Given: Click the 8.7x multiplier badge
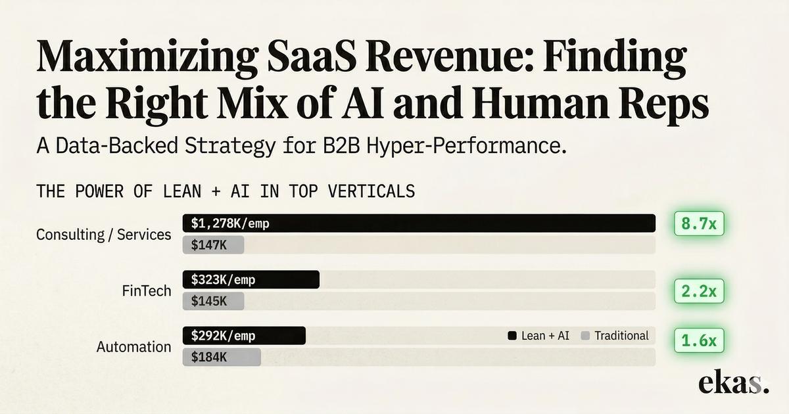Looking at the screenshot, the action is [x=699, y=223].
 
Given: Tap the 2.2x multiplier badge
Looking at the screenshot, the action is [x=699, y=291].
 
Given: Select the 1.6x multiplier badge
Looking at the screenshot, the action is [x=699, y=340].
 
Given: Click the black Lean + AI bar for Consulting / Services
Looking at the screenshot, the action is [x=419, y=223].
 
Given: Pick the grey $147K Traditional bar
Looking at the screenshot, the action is [x=213, y=244].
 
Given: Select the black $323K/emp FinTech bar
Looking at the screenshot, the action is [x=251, y=279].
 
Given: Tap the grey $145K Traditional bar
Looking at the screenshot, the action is [x=213, y=301].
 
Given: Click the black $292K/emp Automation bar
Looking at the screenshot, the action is [x=244, y=336].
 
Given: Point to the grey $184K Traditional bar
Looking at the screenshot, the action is [x=222, y=357].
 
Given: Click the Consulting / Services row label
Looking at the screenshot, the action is [x=104, y=235].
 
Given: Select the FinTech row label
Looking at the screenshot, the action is [x=147, y=290].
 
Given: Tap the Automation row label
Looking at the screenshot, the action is [x=134, y=347].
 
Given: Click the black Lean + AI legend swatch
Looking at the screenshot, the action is [x=512, y=336].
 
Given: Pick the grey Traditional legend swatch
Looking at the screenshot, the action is [x=585, y=336].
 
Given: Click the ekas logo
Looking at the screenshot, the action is [x=733, y=382].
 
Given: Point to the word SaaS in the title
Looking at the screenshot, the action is [x=312, y=57].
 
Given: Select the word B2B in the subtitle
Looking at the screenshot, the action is [x=341, y=146].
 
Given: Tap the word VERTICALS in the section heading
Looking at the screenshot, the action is [x=371, y=191].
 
